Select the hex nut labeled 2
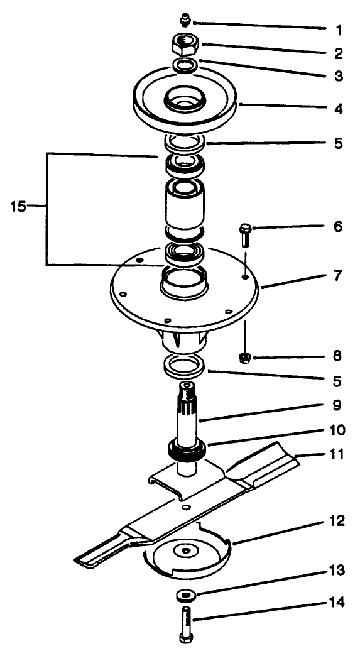point(184,44)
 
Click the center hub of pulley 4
point(184,101)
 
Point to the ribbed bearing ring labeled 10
point(187,450)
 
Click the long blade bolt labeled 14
point(187,623)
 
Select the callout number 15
point(18,205)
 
